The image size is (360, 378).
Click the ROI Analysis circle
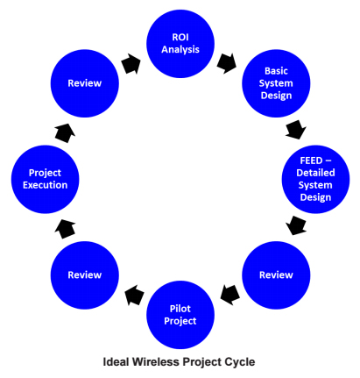(x=180, y=44)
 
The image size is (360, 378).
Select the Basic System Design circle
(x=276, y=83)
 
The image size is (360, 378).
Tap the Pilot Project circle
(x=180, y=315)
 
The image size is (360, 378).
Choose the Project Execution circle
(x=45, y=179)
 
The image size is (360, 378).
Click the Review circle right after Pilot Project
(x=85, y=275)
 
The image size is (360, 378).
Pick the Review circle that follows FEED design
(x=276, y=275)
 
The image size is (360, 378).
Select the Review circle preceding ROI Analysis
(x=85, y=83)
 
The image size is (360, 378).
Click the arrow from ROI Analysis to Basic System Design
(x=227, y=63)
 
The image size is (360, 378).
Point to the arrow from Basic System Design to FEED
(x=296, y=130)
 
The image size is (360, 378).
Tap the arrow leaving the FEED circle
(x=296, y=225)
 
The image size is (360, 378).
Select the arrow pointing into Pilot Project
(x=230, y=295)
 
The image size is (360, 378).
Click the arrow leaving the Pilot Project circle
(x=134, y=296)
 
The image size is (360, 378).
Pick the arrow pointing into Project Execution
(x=65, y=229)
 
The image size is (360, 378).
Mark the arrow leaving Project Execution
(x=65, y=133)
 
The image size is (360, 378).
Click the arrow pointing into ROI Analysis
(x=131, y=63)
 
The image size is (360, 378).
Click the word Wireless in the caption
(x=156, y=362)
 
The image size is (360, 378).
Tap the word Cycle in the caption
(x=240, y=362)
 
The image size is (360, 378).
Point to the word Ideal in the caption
(x=116, y=362)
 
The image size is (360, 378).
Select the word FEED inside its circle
(x=311, y=160)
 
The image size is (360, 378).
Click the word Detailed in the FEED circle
(x=315, y=173)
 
